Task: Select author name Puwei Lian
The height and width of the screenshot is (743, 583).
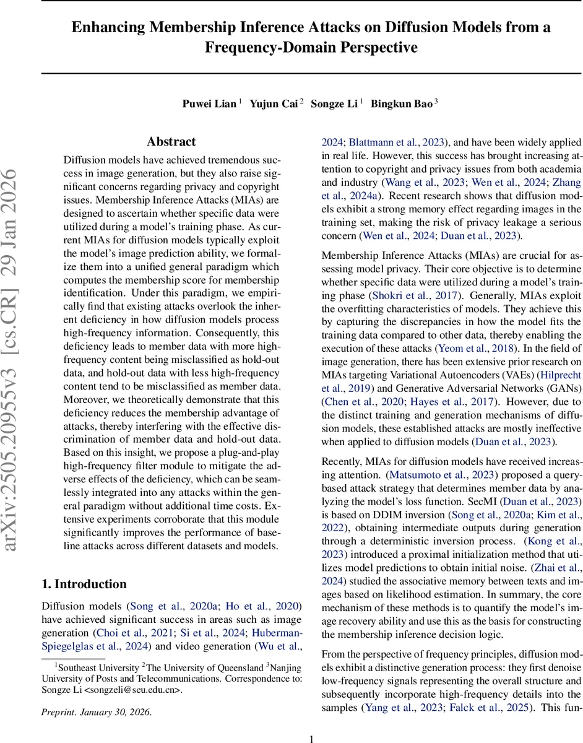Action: (x=209, y=104)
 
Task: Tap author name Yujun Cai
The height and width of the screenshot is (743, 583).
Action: (x=273, y=104)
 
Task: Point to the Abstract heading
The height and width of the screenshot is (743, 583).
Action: (x=171, y=142)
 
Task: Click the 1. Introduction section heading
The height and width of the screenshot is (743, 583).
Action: (x=84, y=584)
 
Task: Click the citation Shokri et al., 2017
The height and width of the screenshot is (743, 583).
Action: (x=415, y=296)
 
